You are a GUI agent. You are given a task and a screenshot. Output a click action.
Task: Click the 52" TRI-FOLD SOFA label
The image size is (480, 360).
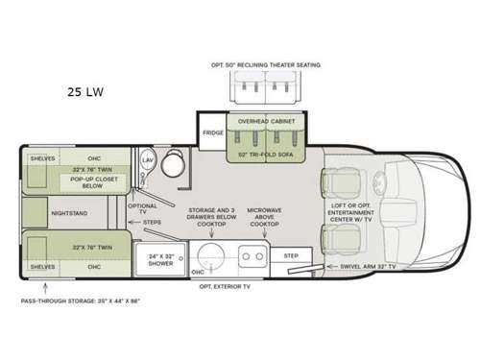click(x=267, y=154)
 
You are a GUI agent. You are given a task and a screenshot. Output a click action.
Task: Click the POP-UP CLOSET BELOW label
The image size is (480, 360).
click(x=89, y=182)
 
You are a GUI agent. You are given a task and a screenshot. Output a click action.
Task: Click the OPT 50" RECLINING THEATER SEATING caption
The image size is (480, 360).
click(x=266, y=65)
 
